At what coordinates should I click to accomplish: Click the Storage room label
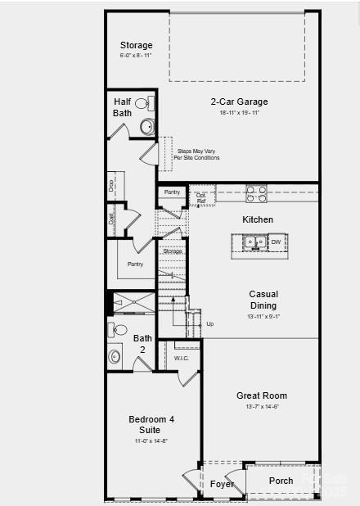click(x=136, y=45)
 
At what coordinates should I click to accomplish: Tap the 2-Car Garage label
click(x=239, y=102)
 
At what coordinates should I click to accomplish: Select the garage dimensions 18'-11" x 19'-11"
click(x=239, y=113)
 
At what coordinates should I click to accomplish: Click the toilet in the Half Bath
click(x=142, y=104)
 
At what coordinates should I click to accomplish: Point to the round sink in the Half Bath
click(x=148, y=126)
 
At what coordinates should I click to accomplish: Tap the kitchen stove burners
click(x=257, y=194)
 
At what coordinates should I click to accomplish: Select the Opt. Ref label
click(x=201, y=197)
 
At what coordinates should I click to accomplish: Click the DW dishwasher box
click(x=277, y=242)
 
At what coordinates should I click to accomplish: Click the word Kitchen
click(x=258, y=219)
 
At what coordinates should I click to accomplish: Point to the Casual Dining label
click(x=263, y=300)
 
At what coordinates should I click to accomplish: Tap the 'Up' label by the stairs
click(x=210, y=324)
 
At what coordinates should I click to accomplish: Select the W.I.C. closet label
click(x=182, y=359)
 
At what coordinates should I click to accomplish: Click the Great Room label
click(x=262, y=395)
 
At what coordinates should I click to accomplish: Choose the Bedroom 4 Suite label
click(x=151, y=424)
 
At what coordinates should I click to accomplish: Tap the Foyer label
click(x=222, y=484)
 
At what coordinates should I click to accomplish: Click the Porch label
click(x=281, y=481)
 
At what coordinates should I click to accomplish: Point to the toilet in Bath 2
click(x=119, y=331)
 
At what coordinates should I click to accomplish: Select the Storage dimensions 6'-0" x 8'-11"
click(x=136, y=56)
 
